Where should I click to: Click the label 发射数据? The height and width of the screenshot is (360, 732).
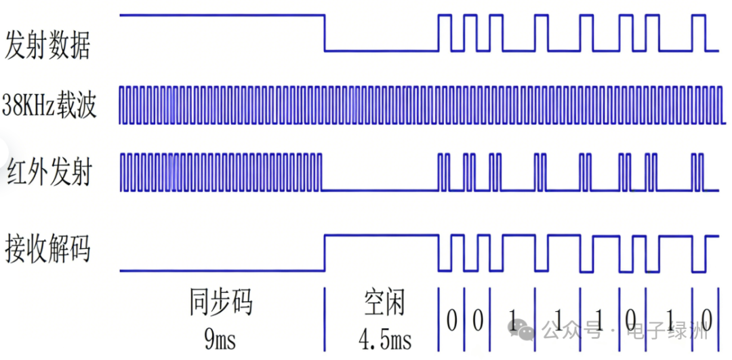pyautogui.click(x=47, y=44)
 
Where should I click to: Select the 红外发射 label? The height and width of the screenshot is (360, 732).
pyautogui.click(x=49, y=172)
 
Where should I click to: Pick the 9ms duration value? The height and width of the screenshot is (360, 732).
pyautogui.click(x=220, y=339)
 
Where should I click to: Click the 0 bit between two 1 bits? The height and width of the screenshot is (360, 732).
pyautogui.click(x=630, y=319)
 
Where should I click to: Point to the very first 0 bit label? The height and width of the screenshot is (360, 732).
pyautogui.click(x=451, y=319)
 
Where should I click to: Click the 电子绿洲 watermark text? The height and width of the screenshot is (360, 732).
pyautogui.click(x=668, y=332)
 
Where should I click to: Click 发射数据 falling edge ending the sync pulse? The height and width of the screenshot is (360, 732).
pyautogui.click(x=325, y=33)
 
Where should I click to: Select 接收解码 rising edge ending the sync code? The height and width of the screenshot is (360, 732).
pyautogui.click(x=325, y=253)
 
